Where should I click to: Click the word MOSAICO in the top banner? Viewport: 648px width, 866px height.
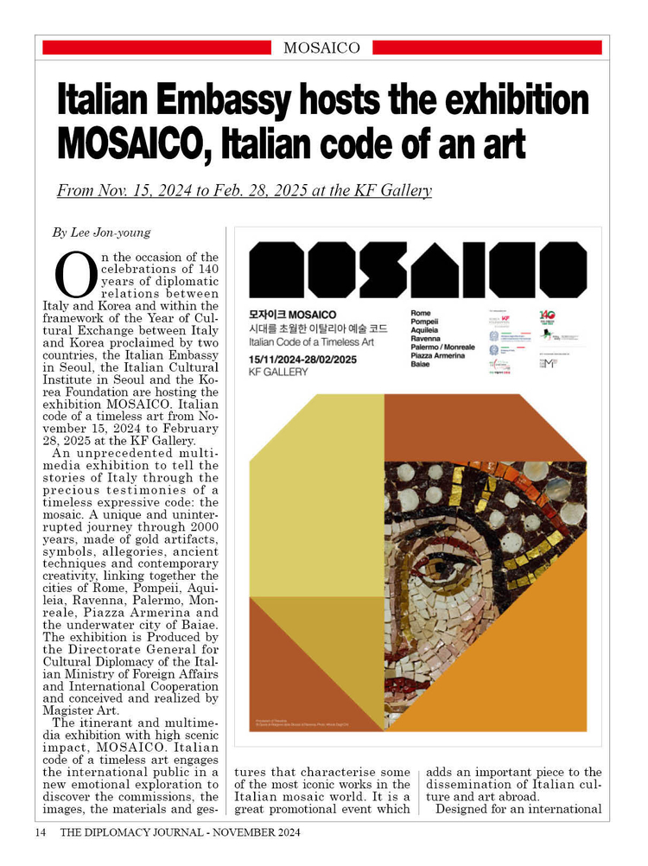coord(321,48)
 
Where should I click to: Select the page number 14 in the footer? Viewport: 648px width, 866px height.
coord(41,833)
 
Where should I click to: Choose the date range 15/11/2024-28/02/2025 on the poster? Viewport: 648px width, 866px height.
coord(303,358)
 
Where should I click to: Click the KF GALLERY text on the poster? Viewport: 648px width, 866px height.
coord(277,372)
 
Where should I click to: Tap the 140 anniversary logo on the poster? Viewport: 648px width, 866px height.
coord(546,316)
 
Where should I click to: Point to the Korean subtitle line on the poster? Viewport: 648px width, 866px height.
coord(318,329)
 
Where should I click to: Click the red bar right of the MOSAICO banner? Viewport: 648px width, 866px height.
coord(487,48)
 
